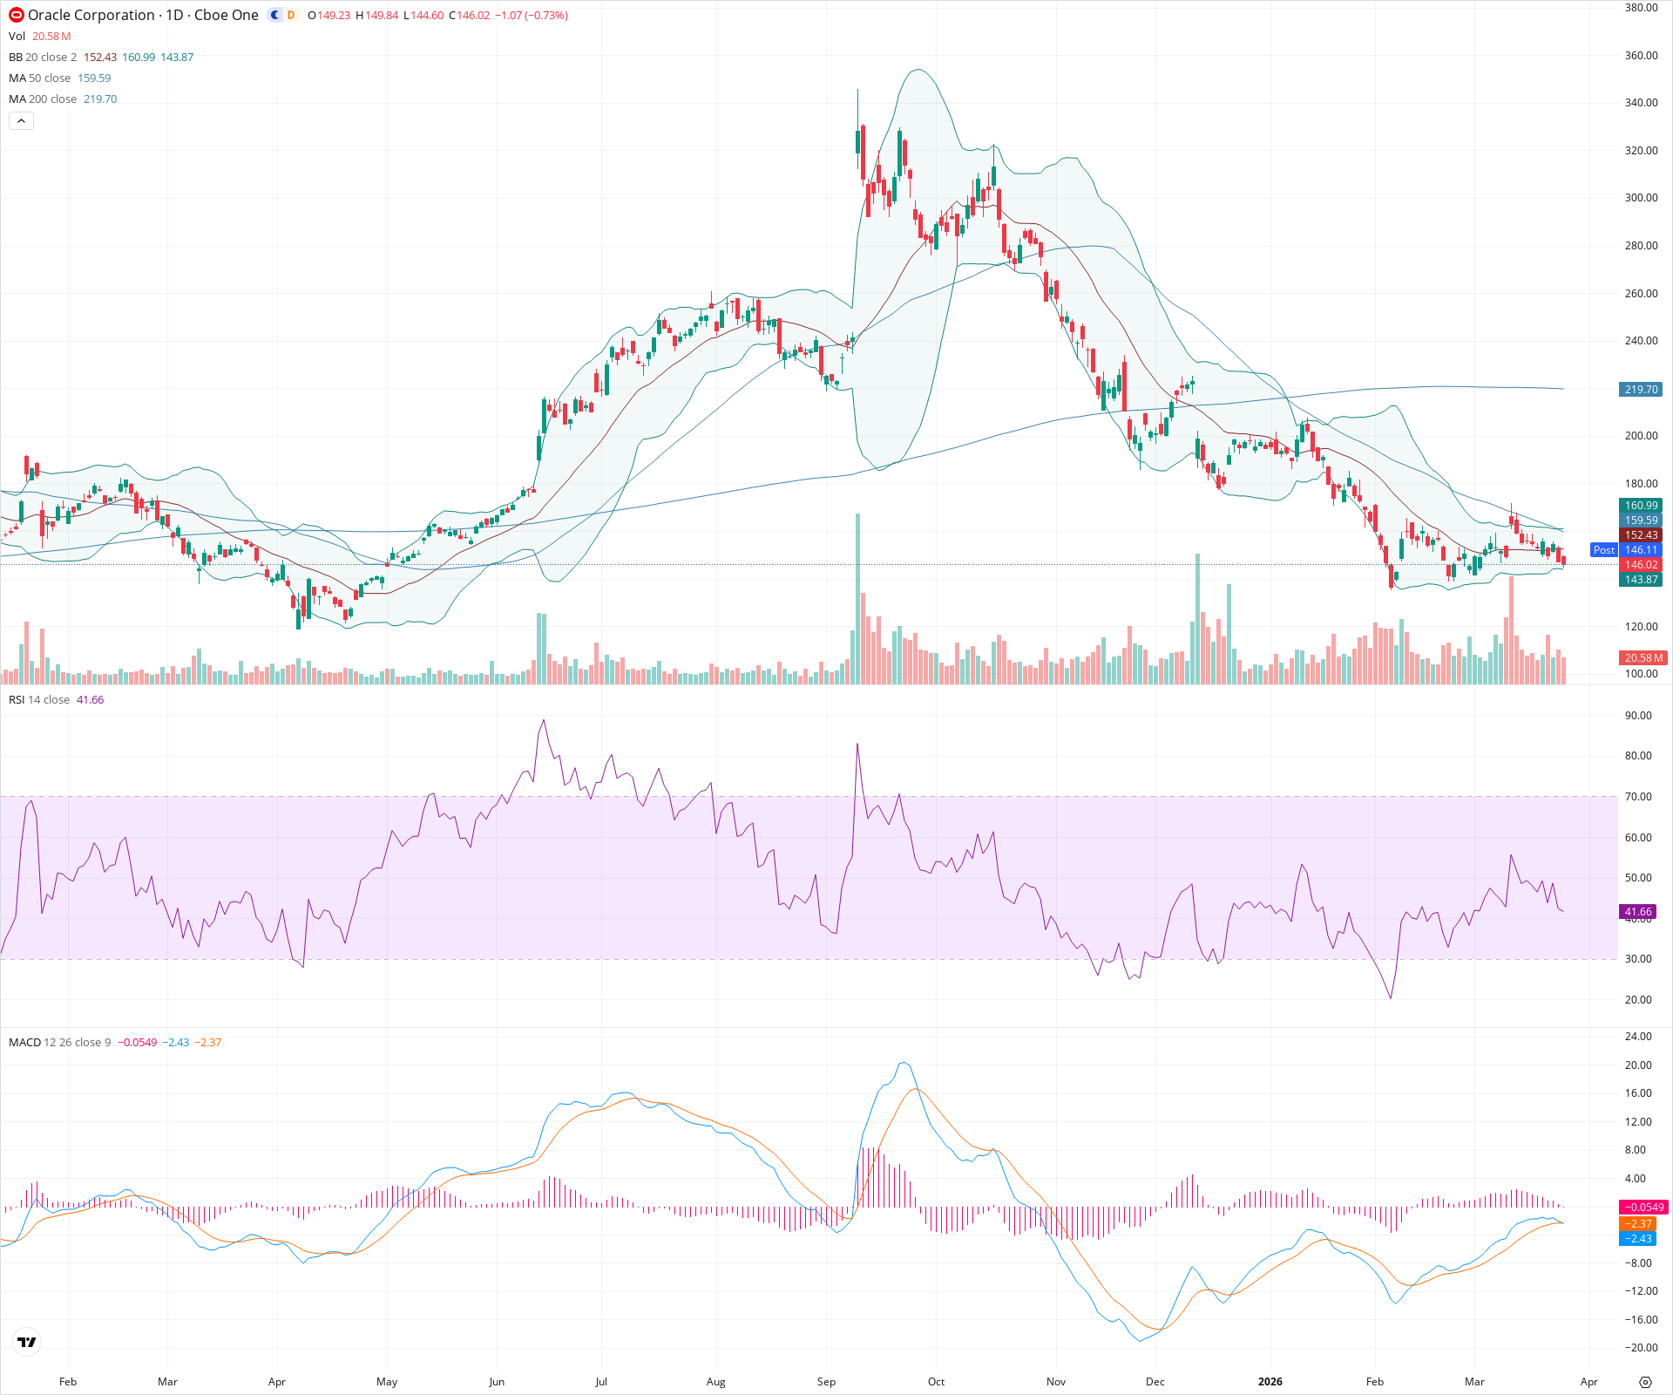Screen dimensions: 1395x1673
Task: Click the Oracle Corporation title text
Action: [91, 15]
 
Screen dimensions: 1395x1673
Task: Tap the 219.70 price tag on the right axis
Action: [1641, 390]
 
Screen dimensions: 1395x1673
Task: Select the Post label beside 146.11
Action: [1603, 550]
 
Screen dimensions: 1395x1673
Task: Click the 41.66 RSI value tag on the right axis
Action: [1638, 912]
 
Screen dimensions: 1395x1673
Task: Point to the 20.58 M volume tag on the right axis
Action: [1643, 658]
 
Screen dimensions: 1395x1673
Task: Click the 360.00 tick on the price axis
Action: [1641, 56]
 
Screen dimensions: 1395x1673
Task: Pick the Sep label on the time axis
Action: [826, 1382]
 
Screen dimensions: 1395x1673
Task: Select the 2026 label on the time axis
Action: [1270, 1382]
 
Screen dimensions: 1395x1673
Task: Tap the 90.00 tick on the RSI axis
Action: [1638, 716]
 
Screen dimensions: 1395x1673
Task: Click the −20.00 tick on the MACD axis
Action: [1638, 1348]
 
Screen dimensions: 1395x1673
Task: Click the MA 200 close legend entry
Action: [43, 99]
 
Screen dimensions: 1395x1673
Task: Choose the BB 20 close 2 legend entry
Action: [43, 58]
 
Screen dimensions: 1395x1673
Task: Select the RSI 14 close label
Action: [39, 700]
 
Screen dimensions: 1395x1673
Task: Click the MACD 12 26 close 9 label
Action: [59, 1043]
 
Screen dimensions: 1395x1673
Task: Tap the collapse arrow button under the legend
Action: [21, 121]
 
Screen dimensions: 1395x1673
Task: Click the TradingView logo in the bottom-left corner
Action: [27, 1343]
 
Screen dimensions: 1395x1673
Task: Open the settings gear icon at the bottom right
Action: [1645, 1382]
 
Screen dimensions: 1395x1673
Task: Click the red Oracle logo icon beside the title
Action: [16, 15]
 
